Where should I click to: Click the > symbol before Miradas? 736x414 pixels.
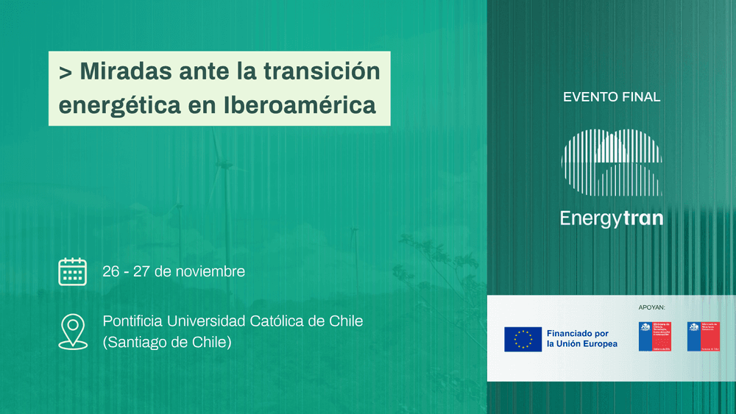(66, 72)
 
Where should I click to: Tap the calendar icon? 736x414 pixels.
(72, 271)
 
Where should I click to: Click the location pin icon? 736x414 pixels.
(72, 331)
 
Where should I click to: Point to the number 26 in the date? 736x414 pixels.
(111, 271)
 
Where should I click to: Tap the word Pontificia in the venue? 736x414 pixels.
(132, 321)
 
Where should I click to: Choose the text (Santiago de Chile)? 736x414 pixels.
(167, 342)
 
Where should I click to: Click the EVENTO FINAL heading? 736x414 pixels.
(611, 97)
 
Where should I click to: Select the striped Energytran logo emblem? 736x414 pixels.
(611, 163)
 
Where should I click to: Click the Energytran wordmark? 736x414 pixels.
(611, 218)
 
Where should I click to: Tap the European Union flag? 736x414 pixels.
(523, 339)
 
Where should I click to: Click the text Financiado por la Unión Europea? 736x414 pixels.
(581, 338)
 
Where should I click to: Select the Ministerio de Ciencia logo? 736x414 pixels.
(654, 336)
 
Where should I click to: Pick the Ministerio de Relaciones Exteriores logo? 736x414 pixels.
(703, 336)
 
